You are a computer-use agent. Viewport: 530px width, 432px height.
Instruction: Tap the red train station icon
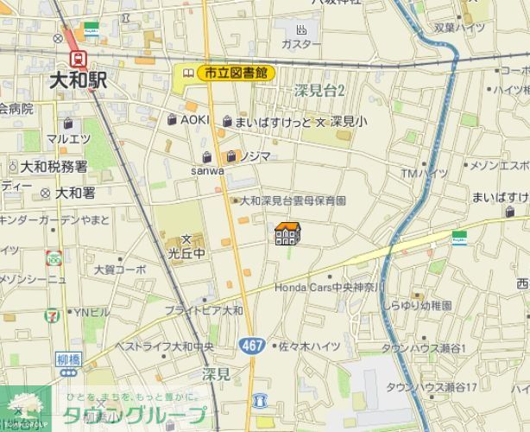tap(79, 58)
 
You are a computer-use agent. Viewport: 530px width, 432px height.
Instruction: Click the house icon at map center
tap(287, 233)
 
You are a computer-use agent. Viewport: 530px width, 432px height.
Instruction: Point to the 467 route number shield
tap(251, 344)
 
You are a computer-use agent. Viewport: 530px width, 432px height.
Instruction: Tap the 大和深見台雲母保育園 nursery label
tap(293, 200)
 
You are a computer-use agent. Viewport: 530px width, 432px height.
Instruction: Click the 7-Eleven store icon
tap(54, 312)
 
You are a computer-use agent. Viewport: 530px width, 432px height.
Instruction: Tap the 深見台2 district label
tap(319, 91)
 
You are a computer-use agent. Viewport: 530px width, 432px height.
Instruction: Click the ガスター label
tap(301, 44)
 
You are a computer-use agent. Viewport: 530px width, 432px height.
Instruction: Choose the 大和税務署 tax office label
tap(54, 166)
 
